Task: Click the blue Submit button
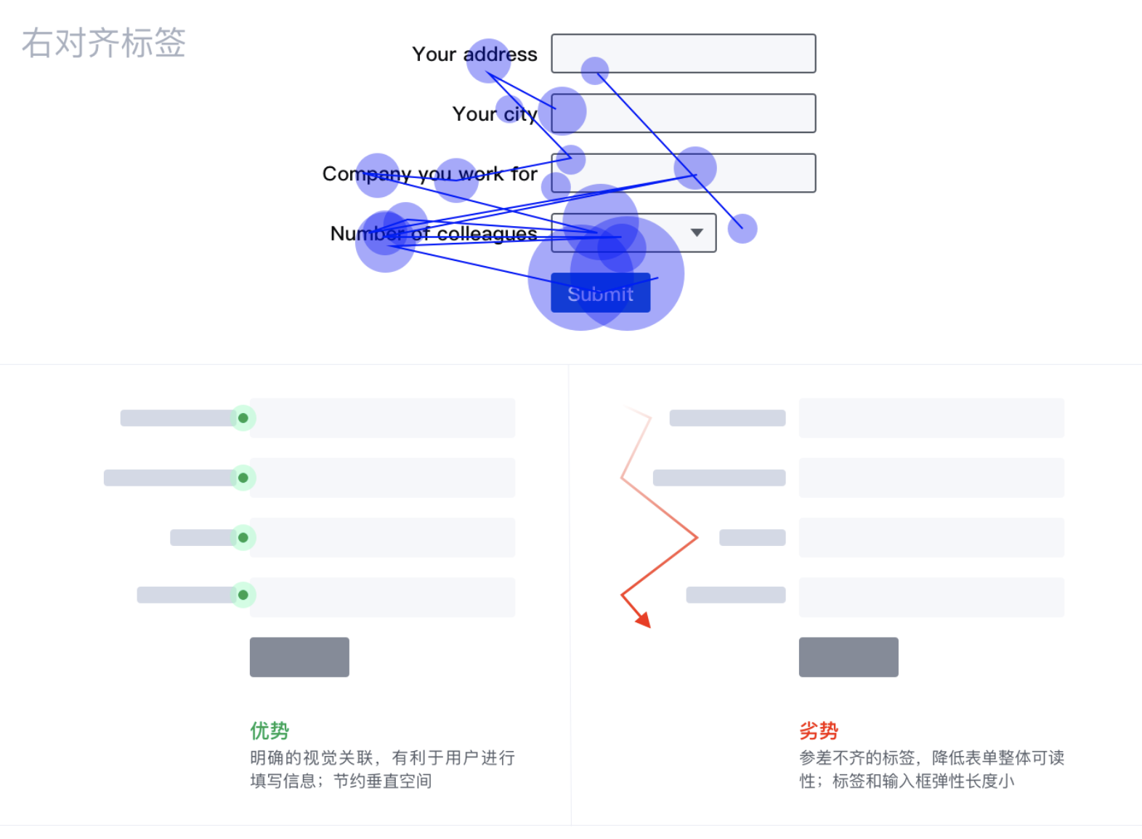coord(600,293)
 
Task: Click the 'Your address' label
coord(474,55)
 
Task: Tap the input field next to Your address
coord(683,54)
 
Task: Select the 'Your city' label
coord(494,114)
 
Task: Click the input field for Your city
coord(683,113)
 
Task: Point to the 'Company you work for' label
coord(429,174)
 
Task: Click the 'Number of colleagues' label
coord(433,233)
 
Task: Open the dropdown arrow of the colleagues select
coord(697,233)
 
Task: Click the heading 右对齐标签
coord(104,43)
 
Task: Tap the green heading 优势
coord(270,731)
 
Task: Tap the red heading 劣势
coord(819,731)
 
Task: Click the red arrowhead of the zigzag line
coord(644,620)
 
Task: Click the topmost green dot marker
coord(243,418)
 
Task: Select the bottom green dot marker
coord(243,595)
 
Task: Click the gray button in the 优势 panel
coord(299,657)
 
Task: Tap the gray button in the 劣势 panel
coord(849,657)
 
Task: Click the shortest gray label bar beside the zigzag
coord(752,538)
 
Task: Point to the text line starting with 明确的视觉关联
coord(382,758)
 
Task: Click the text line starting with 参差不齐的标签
coord(931,758)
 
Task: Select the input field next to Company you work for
coord(683,173)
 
